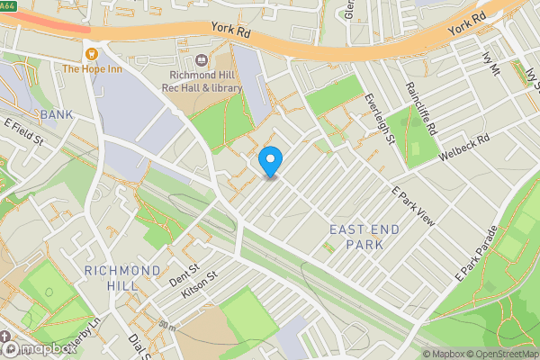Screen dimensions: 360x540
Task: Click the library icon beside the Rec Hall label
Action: point(199,61)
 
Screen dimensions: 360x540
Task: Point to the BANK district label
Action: point(56,114)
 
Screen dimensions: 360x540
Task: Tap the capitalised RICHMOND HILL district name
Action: point(123,277)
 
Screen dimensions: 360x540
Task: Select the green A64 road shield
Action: point(8,4)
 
